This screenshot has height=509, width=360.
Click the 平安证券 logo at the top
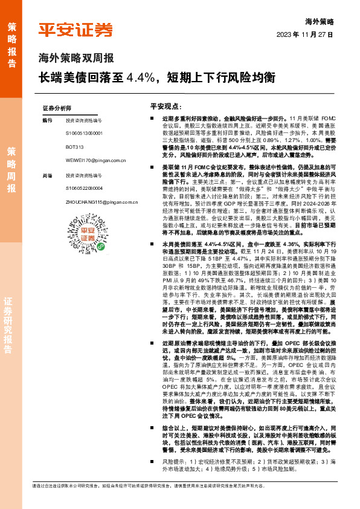click(x=76, y=30)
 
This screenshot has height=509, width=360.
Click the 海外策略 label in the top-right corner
click(x=320, y=21)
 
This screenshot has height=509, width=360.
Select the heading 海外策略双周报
click(x=76, y=59)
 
